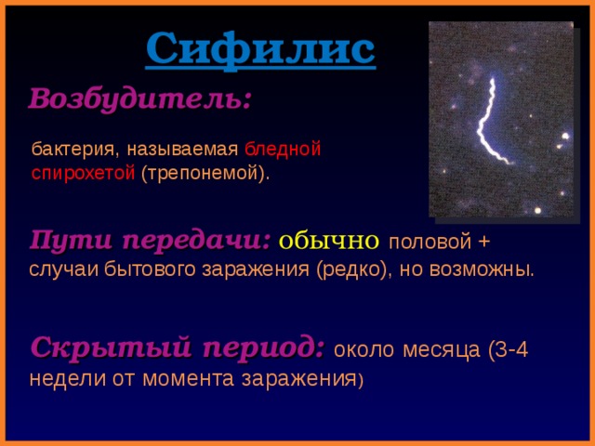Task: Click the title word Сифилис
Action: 260,49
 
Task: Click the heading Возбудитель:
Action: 139,98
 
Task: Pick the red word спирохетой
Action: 83,174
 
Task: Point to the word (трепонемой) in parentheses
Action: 205,174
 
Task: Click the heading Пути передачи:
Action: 150,240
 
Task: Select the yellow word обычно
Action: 328,241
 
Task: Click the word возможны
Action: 486,270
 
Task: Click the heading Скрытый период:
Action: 177,348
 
